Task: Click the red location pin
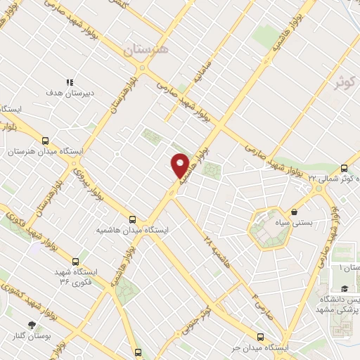pos(180,165)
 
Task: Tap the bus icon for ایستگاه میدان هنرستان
pos(46,141)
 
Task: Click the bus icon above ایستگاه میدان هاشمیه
pos(134,219)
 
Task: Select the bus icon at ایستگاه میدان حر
pos(261,337)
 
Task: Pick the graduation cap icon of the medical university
pos(344,288)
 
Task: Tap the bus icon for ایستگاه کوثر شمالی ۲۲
pos(344,168)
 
